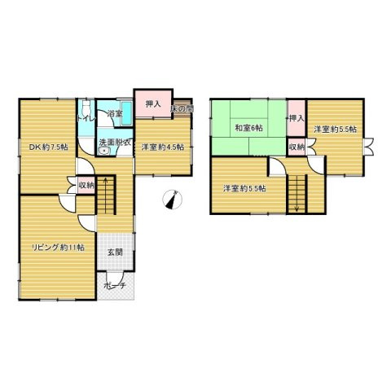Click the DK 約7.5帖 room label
click(x=49, y=147)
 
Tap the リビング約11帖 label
click(x=58, y=248)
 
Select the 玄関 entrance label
click(x=115, y=253)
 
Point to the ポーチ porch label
click(x=115, y=286)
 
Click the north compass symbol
click(x=172, y=200)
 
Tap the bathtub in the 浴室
click(x=126, y=113)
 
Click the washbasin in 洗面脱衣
click(x=104, y=151)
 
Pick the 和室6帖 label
click(x=248, y=128)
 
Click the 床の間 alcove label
click(x=182, y=108)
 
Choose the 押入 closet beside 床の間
click(x=153, y=103)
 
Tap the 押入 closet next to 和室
click(x=297, y=118)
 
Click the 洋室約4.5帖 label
click(x=163, y=147)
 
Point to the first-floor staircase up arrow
click(x=106, y=195)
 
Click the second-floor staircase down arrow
click(x=297, y=194)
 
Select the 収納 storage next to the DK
click(x=86, y=186)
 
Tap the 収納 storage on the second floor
click(x=297, y=147)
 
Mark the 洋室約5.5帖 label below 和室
click(x=244, y=188)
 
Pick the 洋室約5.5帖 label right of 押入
click(x=336, y=130)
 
